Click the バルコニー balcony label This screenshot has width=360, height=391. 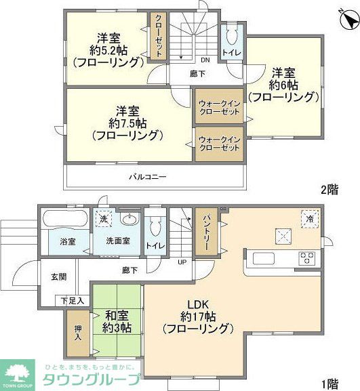148,177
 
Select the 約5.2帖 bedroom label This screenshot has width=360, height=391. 108,50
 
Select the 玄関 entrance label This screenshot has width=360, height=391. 58,277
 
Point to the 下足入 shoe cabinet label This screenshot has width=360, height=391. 72,300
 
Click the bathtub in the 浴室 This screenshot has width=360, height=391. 63,220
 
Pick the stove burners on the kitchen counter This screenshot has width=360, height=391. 307,258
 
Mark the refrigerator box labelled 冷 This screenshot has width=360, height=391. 309,219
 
